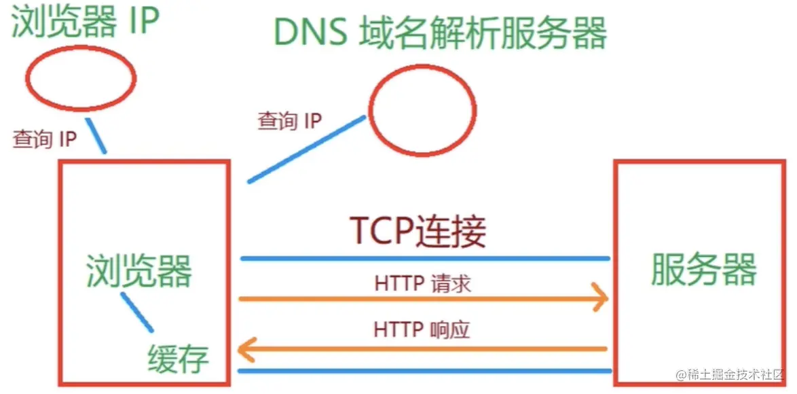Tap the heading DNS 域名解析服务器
(439, 33)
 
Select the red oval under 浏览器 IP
(80, 79)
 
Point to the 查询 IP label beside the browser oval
(44, 139)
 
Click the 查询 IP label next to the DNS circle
(289, 121)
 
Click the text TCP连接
(417, 231)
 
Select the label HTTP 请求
(422, 283)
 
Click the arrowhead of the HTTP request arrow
(601, 298)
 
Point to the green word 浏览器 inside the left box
(139, 270)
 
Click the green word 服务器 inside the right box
(703, 269)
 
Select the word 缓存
(178, 357)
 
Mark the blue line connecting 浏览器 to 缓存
(136, 312)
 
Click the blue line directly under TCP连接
(425, 259)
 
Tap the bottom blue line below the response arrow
(425, 371)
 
